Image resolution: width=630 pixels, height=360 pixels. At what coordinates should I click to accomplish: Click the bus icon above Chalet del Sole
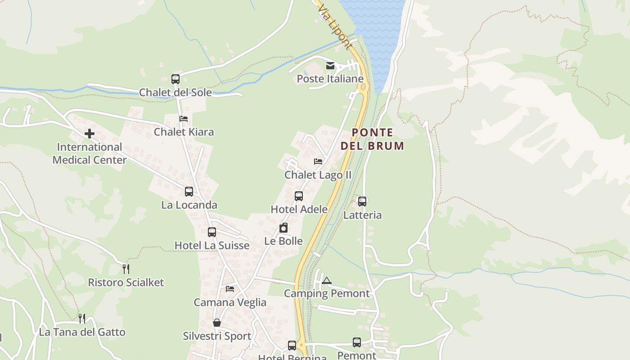175,79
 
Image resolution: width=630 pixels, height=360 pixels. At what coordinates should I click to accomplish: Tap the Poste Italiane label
330,79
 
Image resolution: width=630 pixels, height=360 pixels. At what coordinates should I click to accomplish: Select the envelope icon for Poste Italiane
330,66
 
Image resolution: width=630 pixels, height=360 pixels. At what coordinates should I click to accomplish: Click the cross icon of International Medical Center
90,134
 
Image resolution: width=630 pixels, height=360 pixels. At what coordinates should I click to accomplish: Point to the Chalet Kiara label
184,132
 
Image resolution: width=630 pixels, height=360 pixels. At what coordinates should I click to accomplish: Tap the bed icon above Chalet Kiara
184,119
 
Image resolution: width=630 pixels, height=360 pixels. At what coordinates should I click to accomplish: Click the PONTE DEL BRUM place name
372,139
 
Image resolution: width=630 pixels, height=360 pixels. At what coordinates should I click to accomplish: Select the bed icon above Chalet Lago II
318,162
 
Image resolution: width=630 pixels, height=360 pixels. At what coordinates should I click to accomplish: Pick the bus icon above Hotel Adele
299,196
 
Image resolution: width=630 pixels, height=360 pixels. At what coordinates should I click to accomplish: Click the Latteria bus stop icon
362,202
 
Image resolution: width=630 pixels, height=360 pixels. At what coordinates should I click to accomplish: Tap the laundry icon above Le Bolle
283,228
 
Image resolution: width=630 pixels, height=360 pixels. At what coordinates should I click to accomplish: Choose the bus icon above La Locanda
189,192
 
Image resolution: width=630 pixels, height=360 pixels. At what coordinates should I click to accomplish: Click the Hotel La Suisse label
211,245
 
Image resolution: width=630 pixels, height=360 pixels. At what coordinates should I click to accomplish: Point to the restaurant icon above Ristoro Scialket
126,269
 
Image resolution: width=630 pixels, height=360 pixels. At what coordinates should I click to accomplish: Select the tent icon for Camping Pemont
326,280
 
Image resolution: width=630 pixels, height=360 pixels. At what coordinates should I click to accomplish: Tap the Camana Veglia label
230,302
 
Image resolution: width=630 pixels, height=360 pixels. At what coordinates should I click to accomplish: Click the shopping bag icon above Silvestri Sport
217,323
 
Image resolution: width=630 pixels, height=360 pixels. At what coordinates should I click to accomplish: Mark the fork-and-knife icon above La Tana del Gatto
82,319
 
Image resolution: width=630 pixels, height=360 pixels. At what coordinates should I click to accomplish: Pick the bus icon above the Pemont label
357,342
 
